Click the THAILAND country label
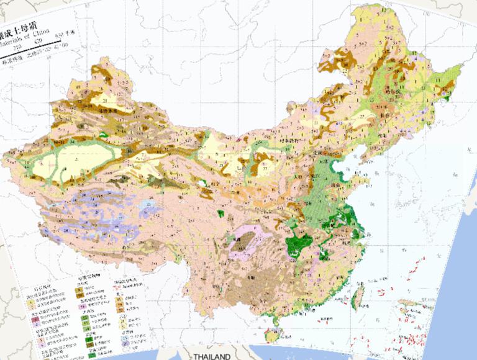[211, 356]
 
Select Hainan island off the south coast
[271, 336]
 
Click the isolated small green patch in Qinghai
[220, 214]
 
